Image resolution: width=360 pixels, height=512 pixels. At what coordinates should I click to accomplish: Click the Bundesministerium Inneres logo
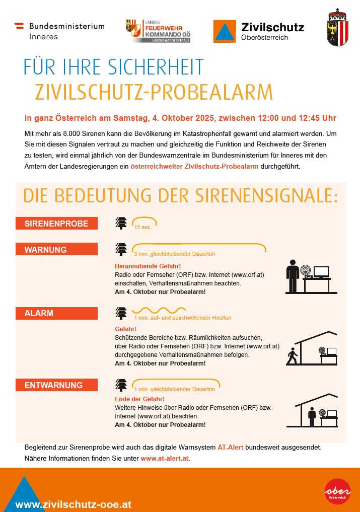click(x=59, y=31)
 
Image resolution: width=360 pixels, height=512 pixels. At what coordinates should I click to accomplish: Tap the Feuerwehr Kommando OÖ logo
click(x=161, y=31)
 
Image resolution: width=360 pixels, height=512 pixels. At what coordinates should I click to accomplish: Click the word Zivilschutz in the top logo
click(x=272, y=27)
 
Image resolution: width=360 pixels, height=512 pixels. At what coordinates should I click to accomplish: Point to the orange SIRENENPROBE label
click(x=56, y=224)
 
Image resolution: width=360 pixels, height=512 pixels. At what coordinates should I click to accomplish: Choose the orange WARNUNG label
click(x=56, y=250)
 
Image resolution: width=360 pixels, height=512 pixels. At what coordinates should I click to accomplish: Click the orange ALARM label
click(x=56, y=313)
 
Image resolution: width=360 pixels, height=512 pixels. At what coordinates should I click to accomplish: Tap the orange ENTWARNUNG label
click(x=56, y=385)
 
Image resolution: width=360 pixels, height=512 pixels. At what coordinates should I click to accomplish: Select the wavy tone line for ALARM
click(x=157, y=311)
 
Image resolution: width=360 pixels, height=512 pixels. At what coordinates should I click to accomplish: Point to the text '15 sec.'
click(x=143, y=228)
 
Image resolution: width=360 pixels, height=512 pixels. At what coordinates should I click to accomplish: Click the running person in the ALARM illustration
click(x=292, y=356)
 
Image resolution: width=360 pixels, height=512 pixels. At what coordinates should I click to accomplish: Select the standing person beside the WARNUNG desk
click(x=292, y=276)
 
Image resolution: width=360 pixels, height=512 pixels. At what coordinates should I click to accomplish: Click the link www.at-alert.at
click(x=165, y=459)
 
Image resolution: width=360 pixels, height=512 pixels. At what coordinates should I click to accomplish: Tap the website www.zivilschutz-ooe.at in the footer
click(x=74, y=504)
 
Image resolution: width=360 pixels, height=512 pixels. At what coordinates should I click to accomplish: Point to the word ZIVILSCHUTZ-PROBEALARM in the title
click(x=154, y=92)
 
